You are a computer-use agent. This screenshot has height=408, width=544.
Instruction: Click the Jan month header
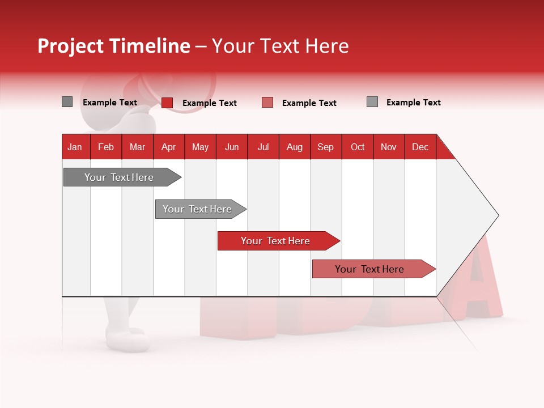[75, 147]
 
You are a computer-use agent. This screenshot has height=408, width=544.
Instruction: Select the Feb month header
[106, 147]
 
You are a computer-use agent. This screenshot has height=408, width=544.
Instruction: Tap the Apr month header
[168, 147]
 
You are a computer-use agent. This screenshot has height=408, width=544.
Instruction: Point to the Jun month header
[232, 147]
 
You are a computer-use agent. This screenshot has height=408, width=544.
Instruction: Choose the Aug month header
[294, 147]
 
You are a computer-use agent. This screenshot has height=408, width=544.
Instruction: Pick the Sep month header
[325, 147]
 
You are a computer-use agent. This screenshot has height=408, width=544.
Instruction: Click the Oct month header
[358, 147]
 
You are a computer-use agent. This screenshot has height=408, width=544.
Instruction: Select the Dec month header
[420, 147]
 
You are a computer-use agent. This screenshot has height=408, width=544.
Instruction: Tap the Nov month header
[389, 147]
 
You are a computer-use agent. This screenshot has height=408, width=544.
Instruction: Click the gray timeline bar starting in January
[120, 177]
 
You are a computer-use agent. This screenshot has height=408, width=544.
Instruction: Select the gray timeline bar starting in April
[198, 209]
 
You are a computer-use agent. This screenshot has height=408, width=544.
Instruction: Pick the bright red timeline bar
[276, 241]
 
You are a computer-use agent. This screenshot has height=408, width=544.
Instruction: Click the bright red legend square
[167, 103]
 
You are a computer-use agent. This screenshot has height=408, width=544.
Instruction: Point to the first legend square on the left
[67, 102]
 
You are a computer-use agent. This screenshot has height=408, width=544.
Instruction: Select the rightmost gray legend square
[372, 102]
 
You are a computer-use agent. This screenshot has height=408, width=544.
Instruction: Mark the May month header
[200, 147]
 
